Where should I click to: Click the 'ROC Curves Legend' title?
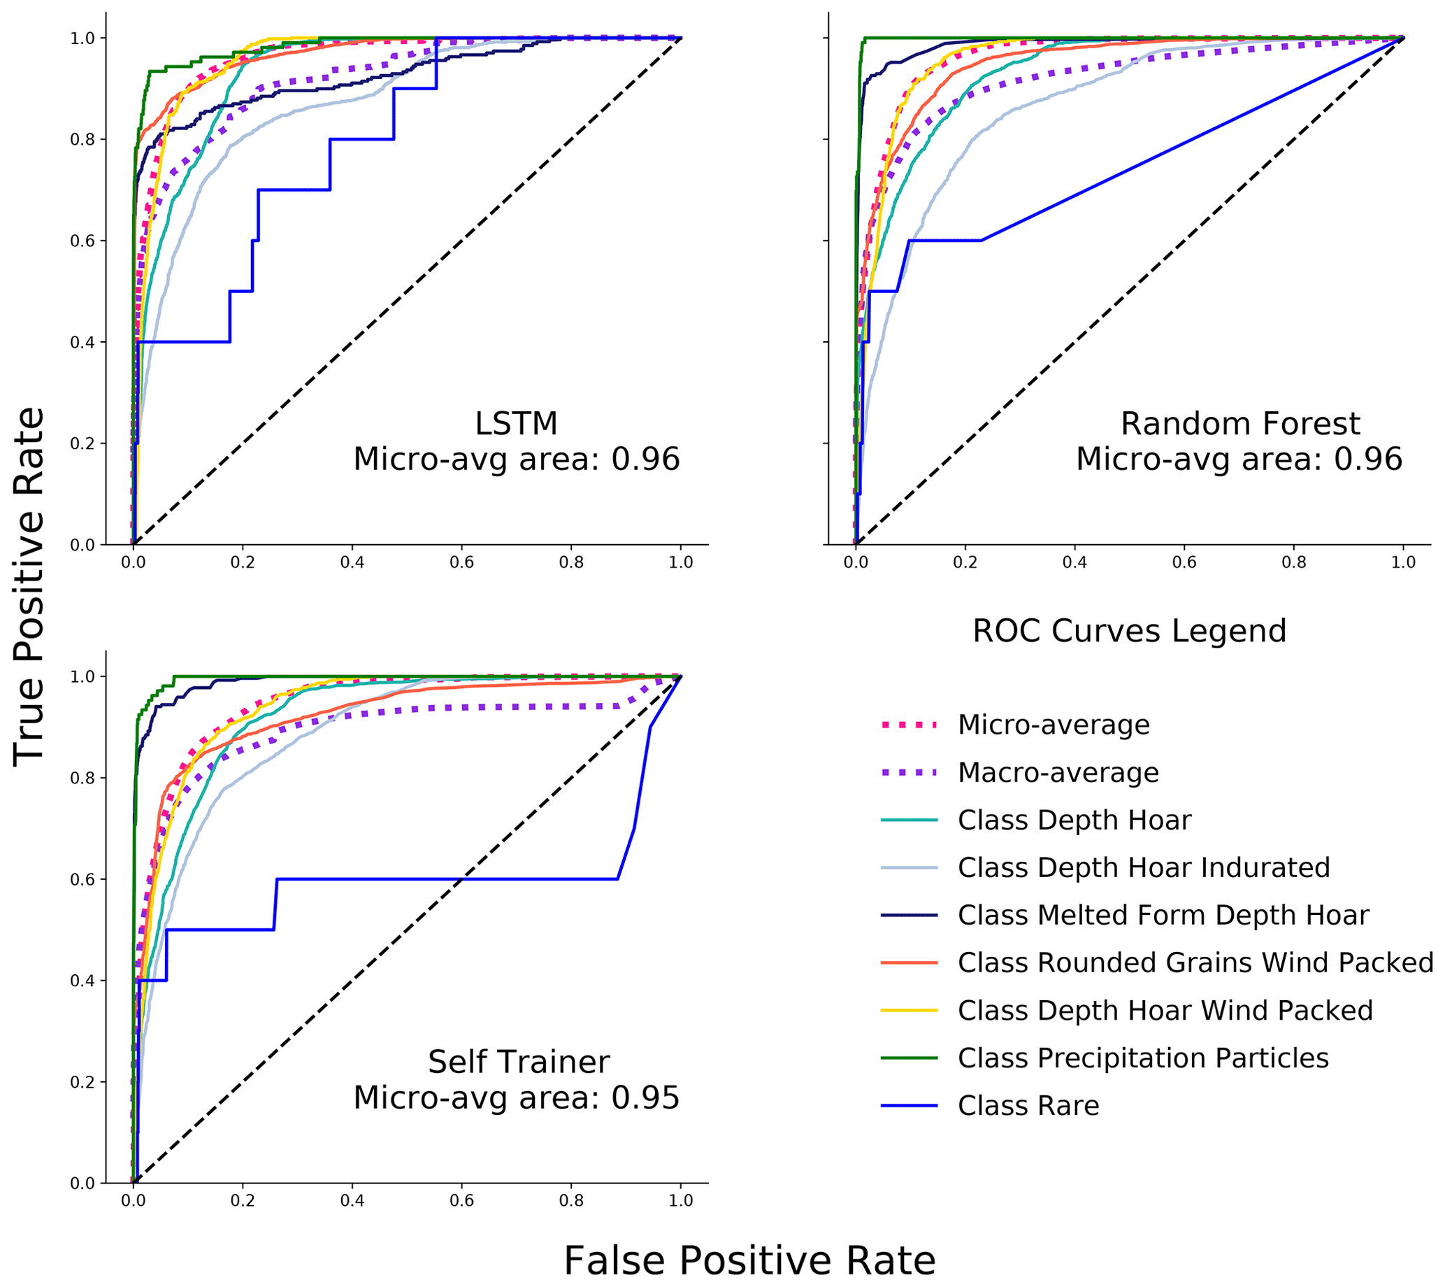[x=1129, y=631]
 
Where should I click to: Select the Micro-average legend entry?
[x=1054, y=725]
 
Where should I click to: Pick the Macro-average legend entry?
[x=1058, y=772]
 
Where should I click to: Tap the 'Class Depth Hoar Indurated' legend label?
[x=1143, y=867]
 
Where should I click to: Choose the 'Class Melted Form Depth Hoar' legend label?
[x=1163, y=915]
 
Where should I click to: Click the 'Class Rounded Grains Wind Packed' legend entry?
[x=1195, y=962]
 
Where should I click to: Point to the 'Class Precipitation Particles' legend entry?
[x=1142, y=1058]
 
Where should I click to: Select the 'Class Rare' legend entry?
[x=1028, y=1105]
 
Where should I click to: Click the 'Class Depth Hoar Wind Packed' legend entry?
[x=1165, y=1011]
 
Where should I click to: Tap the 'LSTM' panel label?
[x=516, y=424]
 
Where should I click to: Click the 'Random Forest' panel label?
[x=1240, y=424]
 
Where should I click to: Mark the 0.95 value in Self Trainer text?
[x=645, y=1097]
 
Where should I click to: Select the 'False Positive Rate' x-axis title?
[x=749, y=1260]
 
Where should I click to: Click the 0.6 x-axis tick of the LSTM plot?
[x=461, y=563]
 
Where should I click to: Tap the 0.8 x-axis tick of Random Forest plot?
[x=1294, y=563]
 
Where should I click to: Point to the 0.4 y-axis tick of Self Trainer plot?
[x=82, y=981]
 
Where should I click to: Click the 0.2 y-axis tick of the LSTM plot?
[x=82, y=444]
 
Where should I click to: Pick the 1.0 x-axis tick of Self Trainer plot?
[x=681, y=1201]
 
